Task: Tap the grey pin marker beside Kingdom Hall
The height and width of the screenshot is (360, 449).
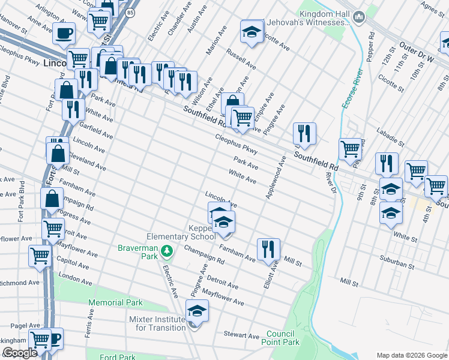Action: tap(359, 16)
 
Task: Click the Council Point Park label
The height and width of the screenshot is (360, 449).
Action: tap(283, 338)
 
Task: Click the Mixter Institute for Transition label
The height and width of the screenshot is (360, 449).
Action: tap(157, 323)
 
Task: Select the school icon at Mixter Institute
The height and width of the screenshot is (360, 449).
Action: tap(196, 311)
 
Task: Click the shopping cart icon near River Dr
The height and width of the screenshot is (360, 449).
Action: tap(350, 148)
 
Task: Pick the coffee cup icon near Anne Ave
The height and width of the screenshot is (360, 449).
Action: tap(64, 33)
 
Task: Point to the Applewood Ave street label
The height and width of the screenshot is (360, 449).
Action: tap(275, 178)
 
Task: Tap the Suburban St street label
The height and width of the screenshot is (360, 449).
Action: tap(397, 262)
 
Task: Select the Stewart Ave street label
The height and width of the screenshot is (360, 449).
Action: tap(241, 335)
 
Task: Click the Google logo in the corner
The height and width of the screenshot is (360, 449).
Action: tap(20, 353)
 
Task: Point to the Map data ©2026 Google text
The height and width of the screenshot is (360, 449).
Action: tap(411, 355)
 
